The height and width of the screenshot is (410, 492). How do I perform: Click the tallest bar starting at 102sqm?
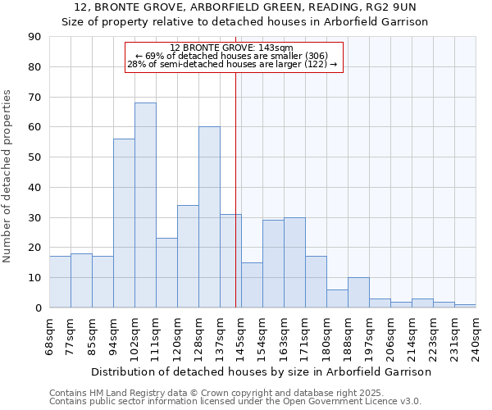coord(145,205)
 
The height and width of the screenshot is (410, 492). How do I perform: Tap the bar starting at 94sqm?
coord(124,223)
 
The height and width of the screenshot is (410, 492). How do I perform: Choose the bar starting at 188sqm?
coord(358,293)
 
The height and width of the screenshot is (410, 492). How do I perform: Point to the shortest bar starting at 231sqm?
coord(465,306)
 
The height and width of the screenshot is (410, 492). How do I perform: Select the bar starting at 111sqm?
coord(166,272)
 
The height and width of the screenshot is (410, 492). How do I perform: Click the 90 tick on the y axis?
coord(34,37)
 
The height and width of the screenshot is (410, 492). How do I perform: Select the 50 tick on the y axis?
coord(34,157)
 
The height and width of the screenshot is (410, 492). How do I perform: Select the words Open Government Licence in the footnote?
coord(345,402)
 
